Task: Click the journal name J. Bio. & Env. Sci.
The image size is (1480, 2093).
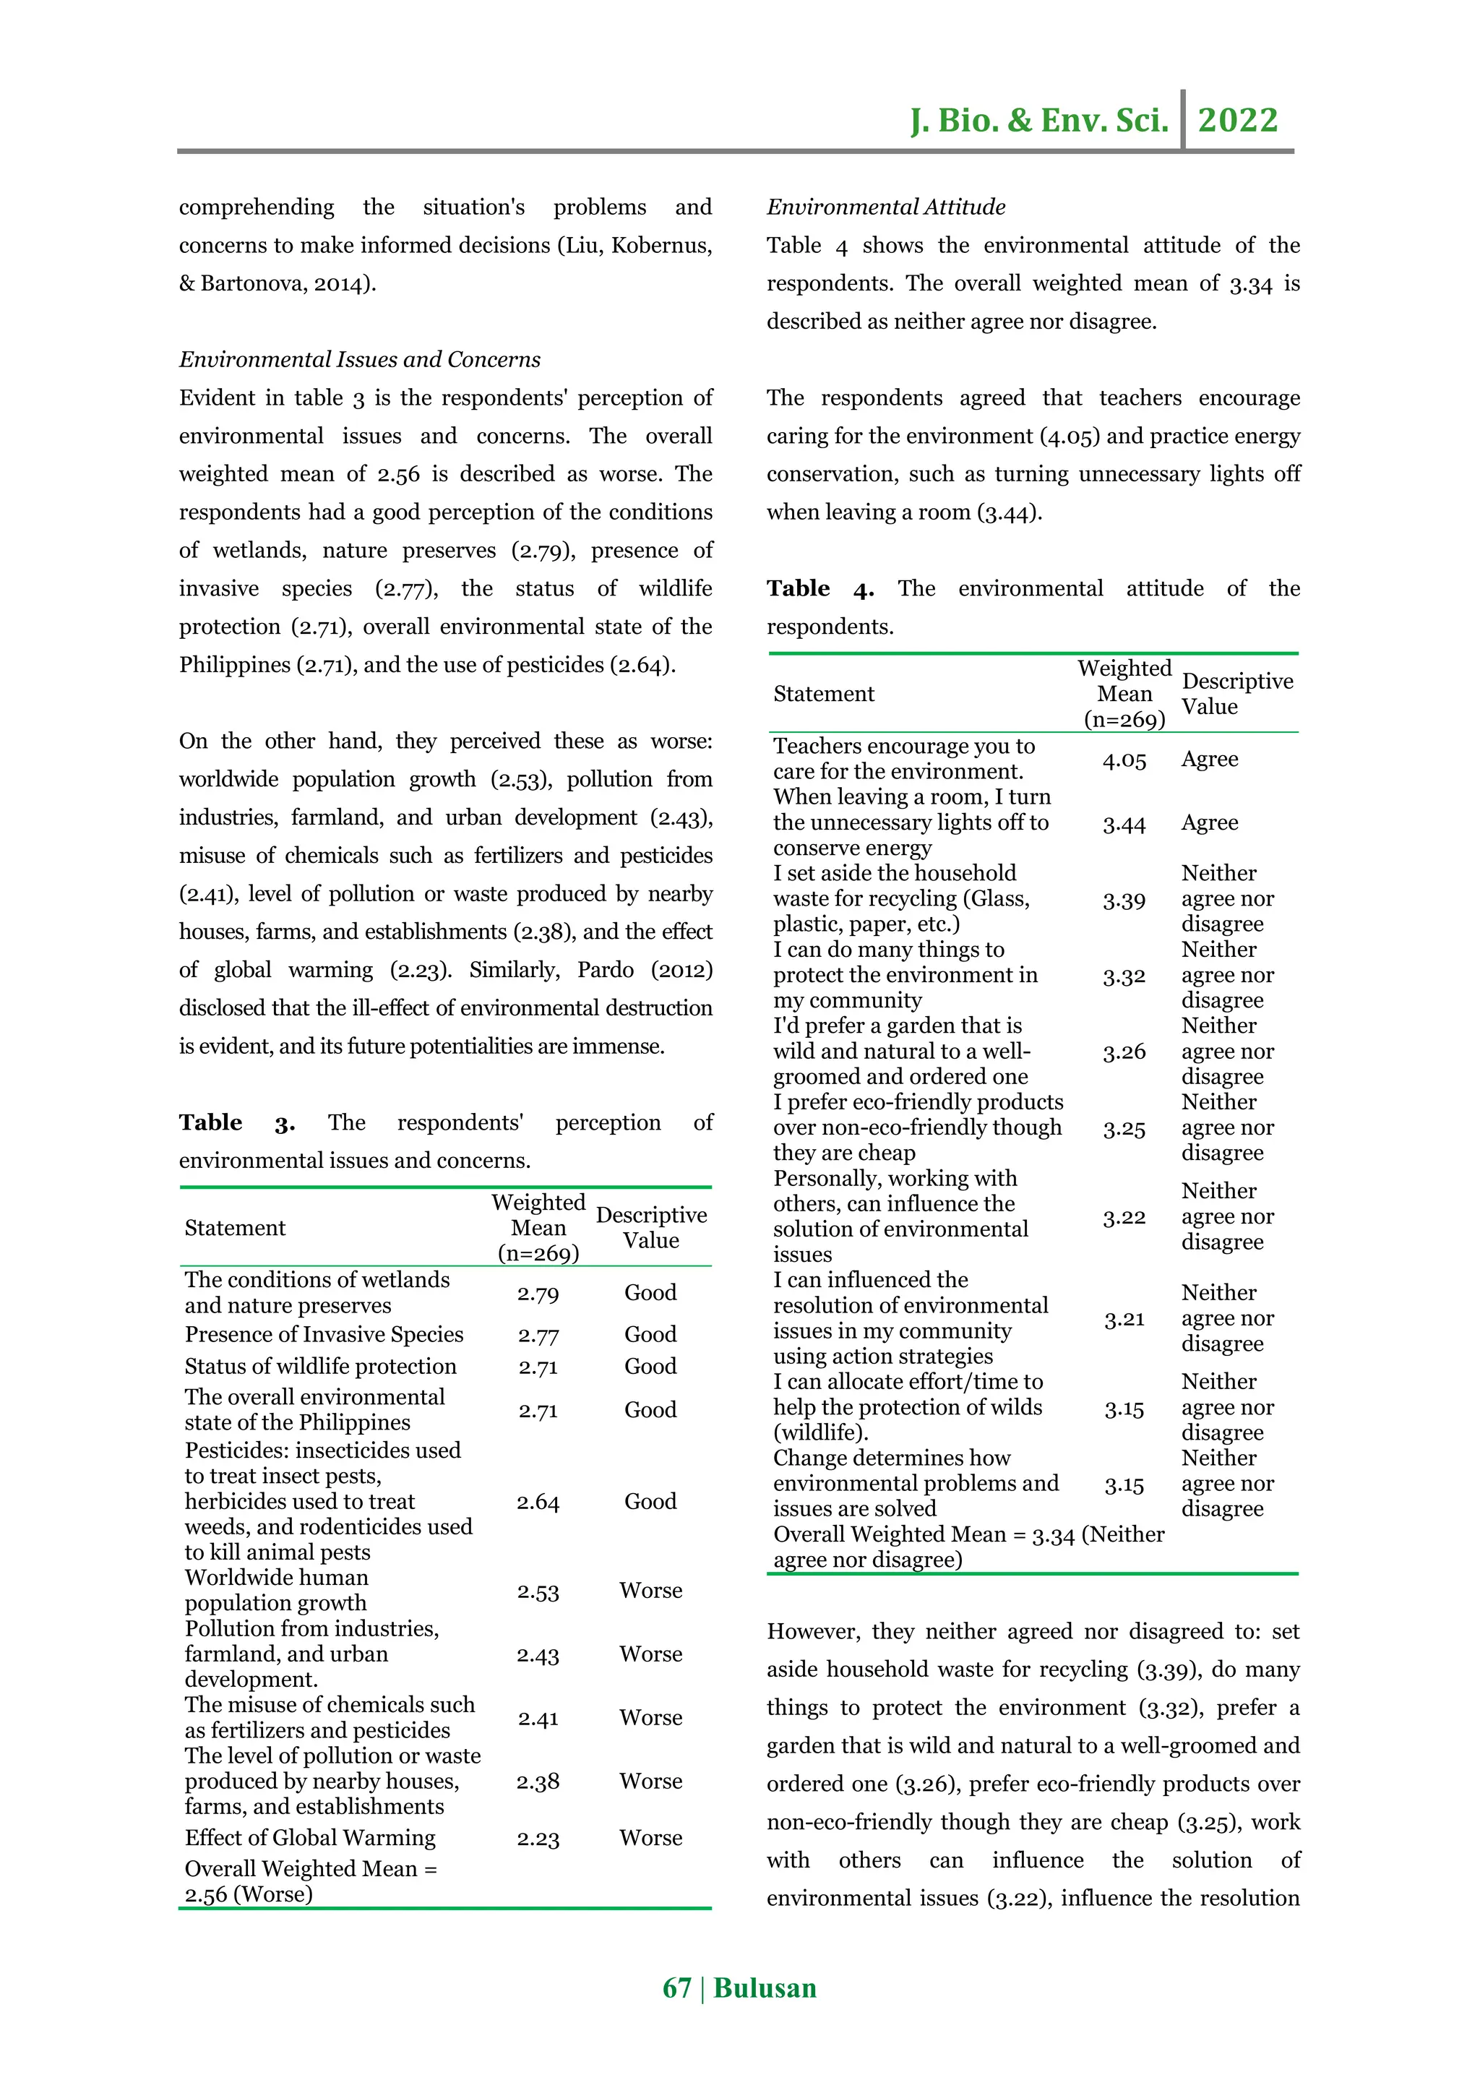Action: point(1039,120)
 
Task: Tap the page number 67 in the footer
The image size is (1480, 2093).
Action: point(676,1987)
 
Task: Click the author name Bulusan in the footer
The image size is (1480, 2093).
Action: point(765,1987)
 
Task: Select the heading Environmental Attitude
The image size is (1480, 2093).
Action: point(885,207)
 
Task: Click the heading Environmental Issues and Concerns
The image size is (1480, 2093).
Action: point(359,359)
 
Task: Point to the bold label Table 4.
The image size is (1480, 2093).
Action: point(819,589)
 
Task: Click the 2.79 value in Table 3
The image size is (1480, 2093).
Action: point(538,1294)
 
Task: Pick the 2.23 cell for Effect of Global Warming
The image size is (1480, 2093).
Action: point(538,1839)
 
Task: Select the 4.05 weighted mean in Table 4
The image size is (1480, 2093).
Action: point(1124,760)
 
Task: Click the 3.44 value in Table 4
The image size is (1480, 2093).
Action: point(1124,824)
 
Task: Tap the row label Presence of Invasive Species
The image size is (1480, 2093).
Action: point(324,1335)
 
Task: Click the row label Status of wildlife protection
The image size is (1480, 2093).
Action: point(320,1367)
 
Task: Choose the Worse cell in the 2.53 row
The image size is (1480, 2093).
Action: point(650,1591)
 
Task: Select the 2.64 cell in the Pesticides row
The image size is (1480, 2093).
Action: point(538,1501)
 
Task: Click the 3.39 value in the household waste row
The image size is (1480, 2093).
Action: point(1124,901)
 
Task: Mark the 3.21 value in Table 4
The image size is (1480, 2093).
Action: point(1124,1319)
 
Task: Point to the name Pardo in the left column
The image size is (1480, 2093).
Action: point(605,970)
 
